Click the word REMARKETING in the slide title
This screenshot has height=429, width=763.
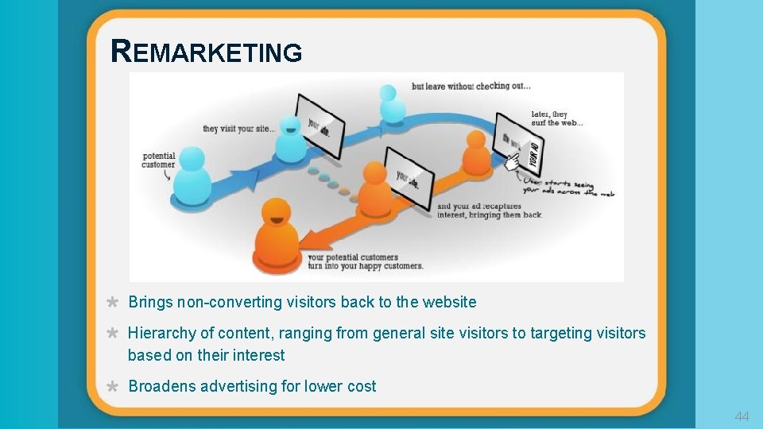coord(207,52)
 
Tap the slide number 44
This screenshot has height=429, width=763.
coord(742,416)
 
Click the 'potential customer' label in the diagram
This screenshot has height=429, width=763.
coord(159,160)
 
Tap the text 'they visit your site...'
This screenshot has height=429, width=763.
coord(239,129)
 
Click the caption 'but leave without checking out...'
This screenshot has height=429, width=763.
coord(471,86)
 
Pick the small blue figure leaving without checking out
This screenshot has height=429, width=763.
coord(389,104)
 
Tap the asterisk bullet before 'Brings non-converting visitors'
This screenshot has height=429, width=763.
coord(113,303)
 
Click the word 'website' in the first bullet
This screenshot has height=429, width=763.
coord(449,302)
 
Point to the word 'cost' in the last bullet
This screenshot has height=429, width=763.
coord(362,387)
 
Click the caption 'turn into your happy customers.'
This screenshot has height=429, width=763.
coord(365,266)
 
